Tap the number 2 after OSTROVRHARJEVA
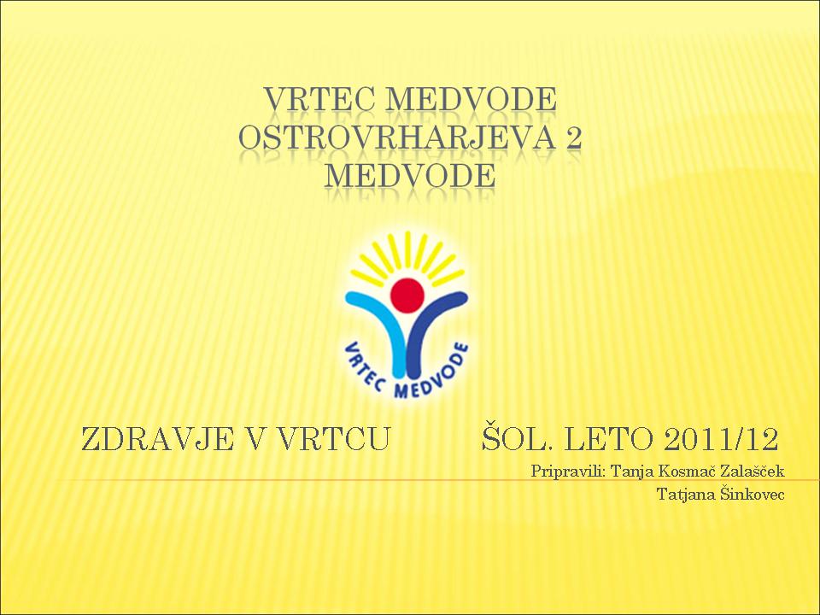[573, 138]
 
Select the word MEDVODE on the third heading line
[409, 176]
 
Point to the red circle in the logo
[407, 296]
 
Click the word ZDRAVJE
[157, 439]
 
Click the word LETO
[610, 439]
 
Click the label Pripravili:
[568, 471]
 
